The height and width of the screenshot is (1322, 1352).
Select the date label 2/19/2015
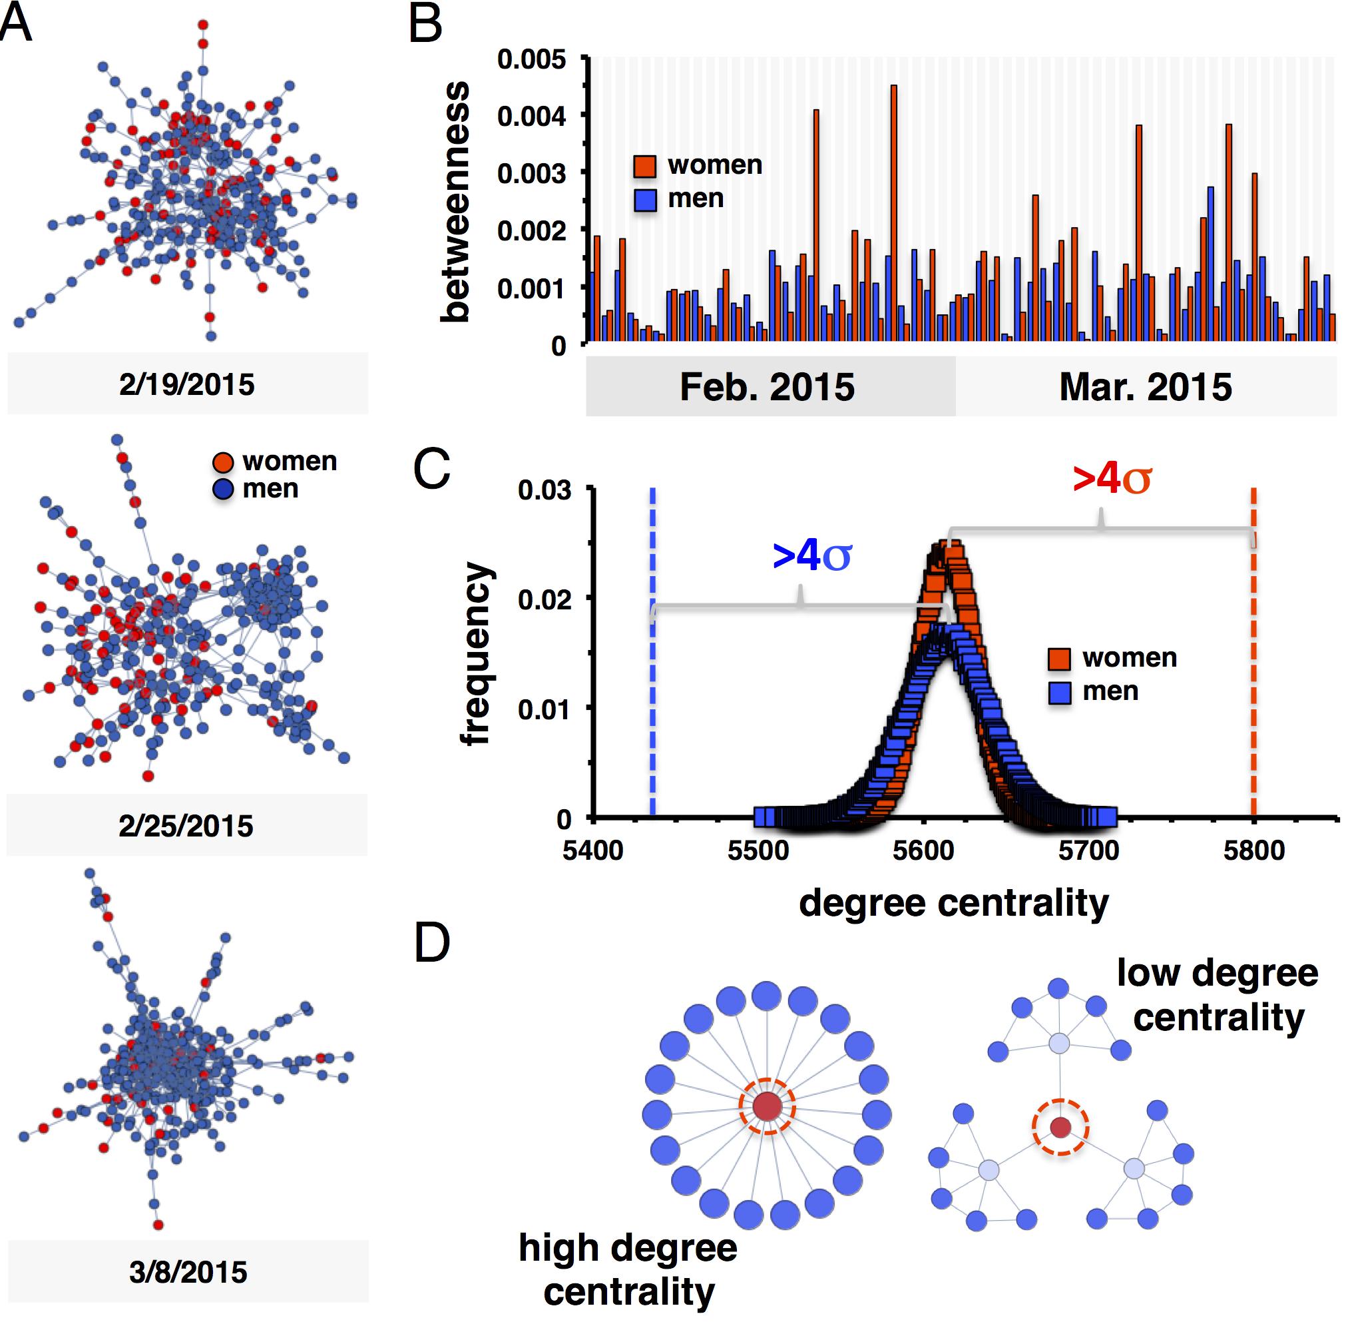point(186,385)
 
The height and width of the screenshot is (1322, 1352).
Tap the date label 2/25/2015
point(186,826)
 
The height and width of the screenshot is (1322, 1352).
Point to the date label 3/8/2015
point(188,1273)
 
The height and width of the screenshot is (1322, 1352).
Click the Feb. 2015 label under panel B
point(767,388)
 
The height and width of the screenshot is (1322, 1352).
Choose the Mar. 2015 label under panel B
point(1145,388)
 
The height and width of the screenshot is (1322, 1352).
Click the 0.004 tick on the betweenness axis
point(531,115)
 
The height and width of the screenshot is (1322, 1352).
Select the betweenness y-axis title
point(455,202)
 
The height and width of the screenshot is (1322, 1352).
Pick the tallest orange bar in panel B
point(893,212)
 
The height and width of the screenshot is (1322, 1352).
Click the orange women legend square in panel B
point(645,166)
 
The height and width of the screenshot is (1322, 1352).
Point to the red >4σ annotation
point(1112,479)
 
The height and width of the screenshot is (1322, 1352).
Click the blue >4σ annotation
point(811,557)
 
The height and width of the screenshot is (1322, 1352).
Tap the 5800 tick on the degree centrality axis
point(1254,850)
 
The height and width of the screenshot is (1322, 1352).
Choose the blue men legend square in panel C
point(1059,692)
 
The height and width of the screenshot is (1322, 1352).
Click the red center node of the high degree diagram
point(767,1106)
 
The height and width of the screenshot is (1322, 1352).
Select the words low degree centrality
point(1218,996)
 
